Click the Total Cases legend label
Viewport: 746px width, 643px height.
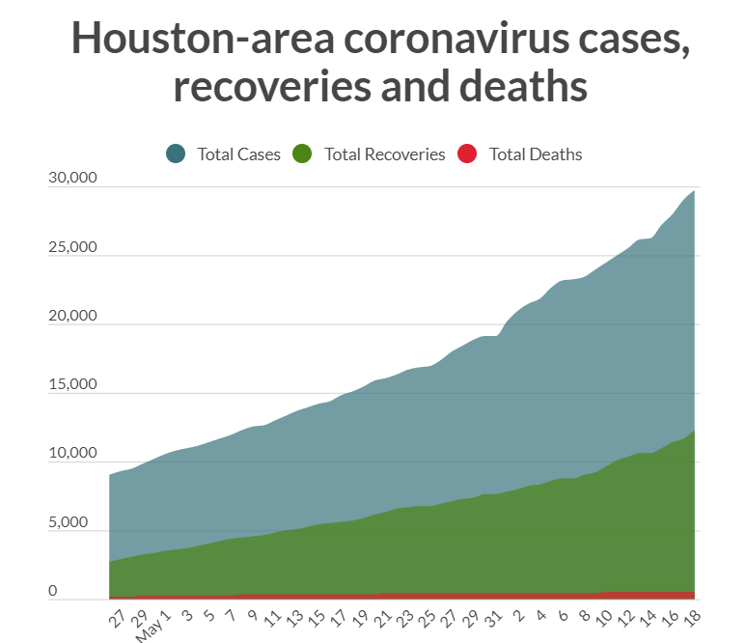pyautogui.click(x=238, y=154)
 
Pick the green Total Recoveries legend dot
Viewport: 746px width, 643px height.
pyautogui.click(x=303, y=154)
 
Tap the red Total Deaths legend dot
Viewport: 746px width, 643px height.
pyautogui.click(x=467, y=154)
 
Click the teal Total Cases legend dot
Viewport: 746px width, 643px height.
pyautogui.click(x=176, y=154)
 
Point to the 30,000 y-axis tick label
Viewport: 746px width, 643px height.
pyautogui.click(x=72, y=178)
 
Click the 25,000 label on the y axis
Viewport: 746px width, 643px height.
pyautogui.click(x=72, y=247)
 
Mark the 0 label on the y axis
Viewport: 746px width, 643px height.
pyautogui.click(x=54, y=591)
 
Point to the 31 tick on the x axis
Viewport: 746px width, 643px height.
pyautogui.click(x=493, y=615)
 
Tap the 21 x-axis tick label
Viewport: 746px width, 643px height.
pyautogui.click(x=383, y=615)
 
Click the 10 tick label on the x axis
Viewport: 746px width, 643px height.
pyautogui.click(x=606, y=615)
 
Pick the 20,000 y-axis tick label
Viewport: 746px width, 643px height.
pyautogui.click(x=72, y=317)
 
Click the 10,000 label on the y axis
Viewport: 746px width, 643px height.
pyautogui.click(x=72, y=454)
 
